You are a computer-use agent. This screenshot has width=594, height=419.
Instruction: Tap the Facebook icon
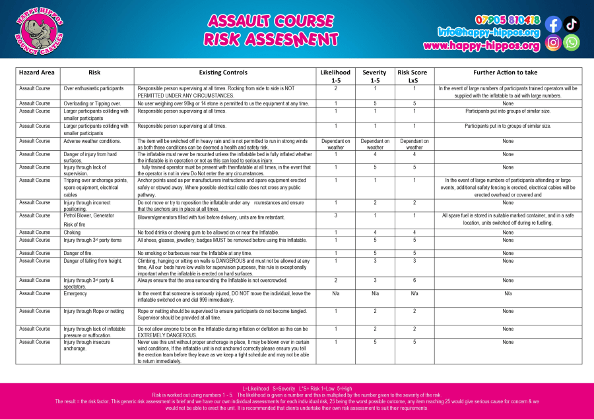point(553,25)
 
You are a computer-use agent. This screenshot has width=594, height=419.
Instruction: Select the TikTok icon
point(572,25)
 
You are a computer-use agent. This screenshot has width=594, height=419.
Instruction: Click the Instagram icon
point(553,43)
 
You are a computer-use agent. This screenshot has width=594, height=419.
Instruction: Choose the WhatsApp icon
point(572,43)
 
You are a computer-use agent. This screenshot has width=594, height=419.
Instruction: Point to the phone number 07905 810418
point(507,20)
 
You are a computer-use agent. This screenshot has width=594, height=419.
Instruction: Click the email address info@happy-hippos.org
point(488,32)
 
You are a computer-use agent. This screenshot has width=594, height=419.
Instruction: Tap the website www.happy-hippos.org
point(481,45)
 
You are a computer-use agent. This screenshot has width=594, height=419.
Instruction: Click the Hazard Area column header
point(37,72)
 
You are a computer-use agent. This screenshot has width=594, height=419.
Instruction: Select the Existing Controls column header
point(223,72)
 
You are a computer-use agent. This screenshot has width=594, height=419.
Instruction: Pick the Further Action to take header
point(508,72)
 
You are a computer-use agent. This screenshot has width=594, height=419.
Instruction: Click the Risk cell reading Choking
point(73,232)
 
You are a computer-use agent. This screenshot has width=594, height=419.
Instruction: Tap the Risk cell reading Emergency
point(76,293)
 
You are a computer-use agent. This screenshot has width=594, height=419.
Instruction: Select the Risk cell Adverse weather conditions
point(92,141)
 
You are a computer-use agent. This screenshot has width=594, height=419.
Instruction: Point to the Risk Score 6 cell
point(414,280)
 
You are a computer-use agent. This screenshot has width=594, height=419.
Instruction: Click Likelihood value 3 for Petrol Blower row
point(336,215)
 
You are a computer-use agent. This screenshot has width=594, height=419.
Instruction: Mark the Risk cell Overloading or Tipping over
point(92,103)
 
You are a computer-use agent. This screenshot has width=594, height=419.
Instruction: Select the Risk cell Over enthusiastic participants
point(94,88)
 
